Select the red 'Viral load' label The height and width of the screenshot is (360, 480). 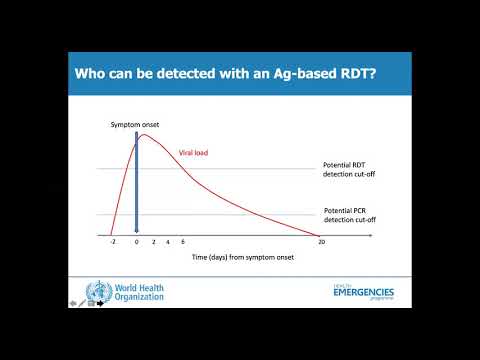click(194, 153)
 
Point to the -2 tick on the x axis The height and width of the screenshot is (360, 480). click(112, 242)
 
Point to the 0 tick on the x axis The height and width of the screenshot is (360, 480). click(136, 242)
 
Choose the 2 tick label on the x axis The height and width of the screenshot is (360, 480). click(153, 242)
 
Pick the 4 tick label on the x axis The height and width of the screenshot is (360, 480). click(167, 242)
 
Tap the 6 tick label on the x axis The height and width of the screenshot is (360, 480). click(182, 242)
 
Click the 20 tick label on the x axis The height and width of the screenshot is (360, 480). click(321, 242)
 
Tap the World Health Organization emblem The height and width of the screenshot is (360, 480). click(97, 293)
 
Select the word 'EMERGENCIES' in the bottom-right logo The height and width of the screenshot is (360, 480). click(363, 293)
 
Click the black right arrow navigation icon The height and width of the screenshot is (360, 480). click(101, 303)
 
